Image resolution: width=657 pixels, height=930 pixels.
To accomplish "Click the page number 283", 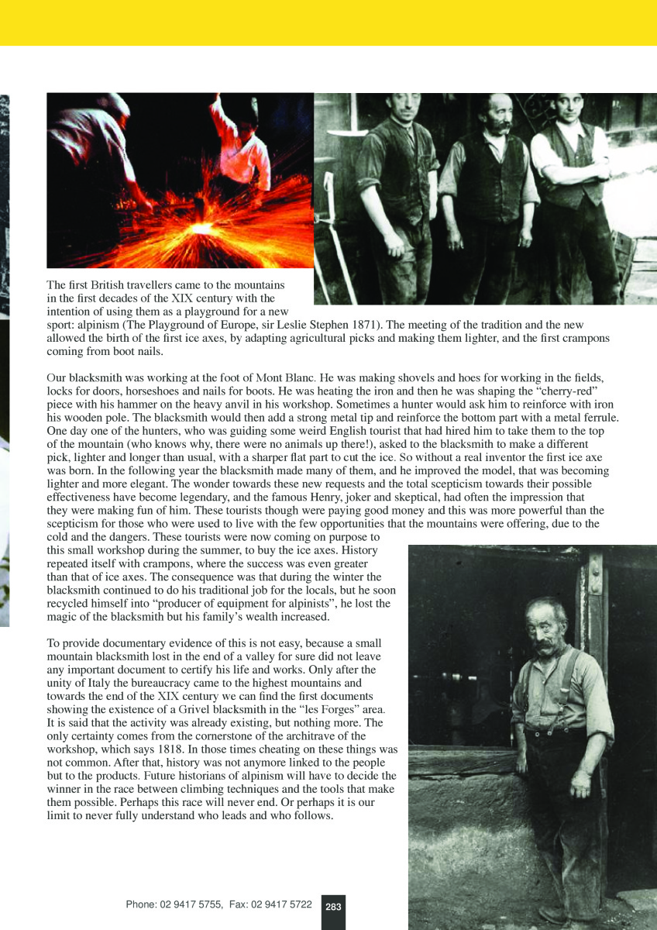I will [x=333, y=907].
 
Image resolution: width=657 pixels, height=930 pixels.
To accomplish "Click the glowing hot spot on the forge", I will [x=205, y=230].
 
